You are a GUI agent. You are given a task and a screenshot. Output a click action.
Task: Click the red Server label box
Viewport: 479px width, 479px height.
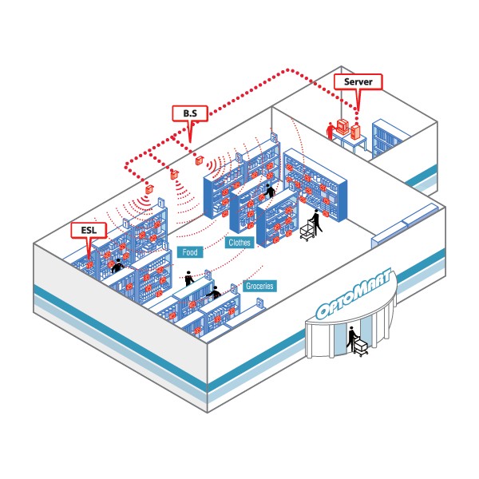(x=358, y=81)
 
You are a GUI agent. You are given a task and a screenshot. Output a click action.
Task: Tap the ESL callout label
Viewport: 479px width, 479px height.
(x=88, y=230)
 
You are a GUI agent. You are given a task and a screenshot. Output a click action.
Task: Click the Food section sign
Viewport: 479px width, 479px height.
(x=190, y=252)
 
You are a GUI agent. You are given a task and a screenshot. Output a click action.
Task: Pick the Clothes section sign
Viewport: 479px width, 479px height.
(x=239, y=242)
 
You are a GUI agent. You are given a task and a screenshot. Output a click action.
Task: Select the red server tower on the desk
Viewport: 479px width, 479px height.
(x=356, y=128)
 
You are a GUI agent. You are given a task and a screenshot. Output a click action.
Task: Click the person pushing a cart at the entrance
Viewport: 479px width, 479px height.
(x=350, y=342)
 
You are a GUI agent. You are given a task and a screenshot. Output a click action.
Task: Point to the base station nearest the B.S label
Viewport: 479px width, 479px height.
(x=200, y=159)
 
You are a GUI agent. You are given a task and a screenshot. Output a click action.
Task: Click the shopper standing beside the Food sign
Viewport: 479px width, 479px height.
(x=189, y=278)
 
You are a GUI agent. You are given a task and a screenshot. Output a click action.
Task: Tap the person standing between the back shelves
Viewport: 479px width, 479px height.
(x=270, y=191)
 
